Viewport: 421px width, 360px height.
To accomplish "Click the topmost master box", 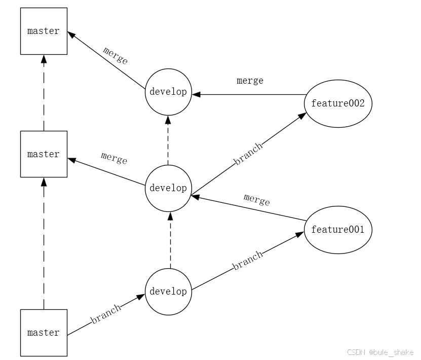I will coord(44,31).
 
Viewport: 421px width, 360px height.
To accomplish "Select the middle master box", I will coord(44,154).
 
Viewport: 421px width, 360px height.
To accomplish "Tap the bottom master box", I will coord(44,333).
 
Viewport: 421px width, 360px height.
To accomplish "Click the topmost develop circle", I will coord(168,92).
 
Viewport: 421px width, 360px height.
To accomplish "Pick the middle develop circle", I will coord(168,188).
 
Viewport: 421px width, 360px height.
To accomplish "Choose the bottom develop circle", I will coord(168,292).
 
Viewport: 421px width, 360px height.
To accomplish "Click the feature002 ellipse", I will coord(338,103).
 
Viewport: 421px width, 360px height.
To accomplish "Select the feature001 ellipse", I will coord(338,230).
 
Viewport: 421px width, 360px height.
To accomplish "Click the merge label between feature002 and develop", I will coord(250,81).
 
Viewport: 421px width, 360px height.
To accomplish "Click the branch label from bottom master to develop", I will coord(106,314).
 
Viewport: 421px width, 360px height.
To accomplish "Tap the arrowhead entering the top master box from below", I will coord(44,59).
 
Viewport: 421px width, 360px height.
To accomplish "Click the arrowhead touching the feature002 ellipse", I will coord(302,116).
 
